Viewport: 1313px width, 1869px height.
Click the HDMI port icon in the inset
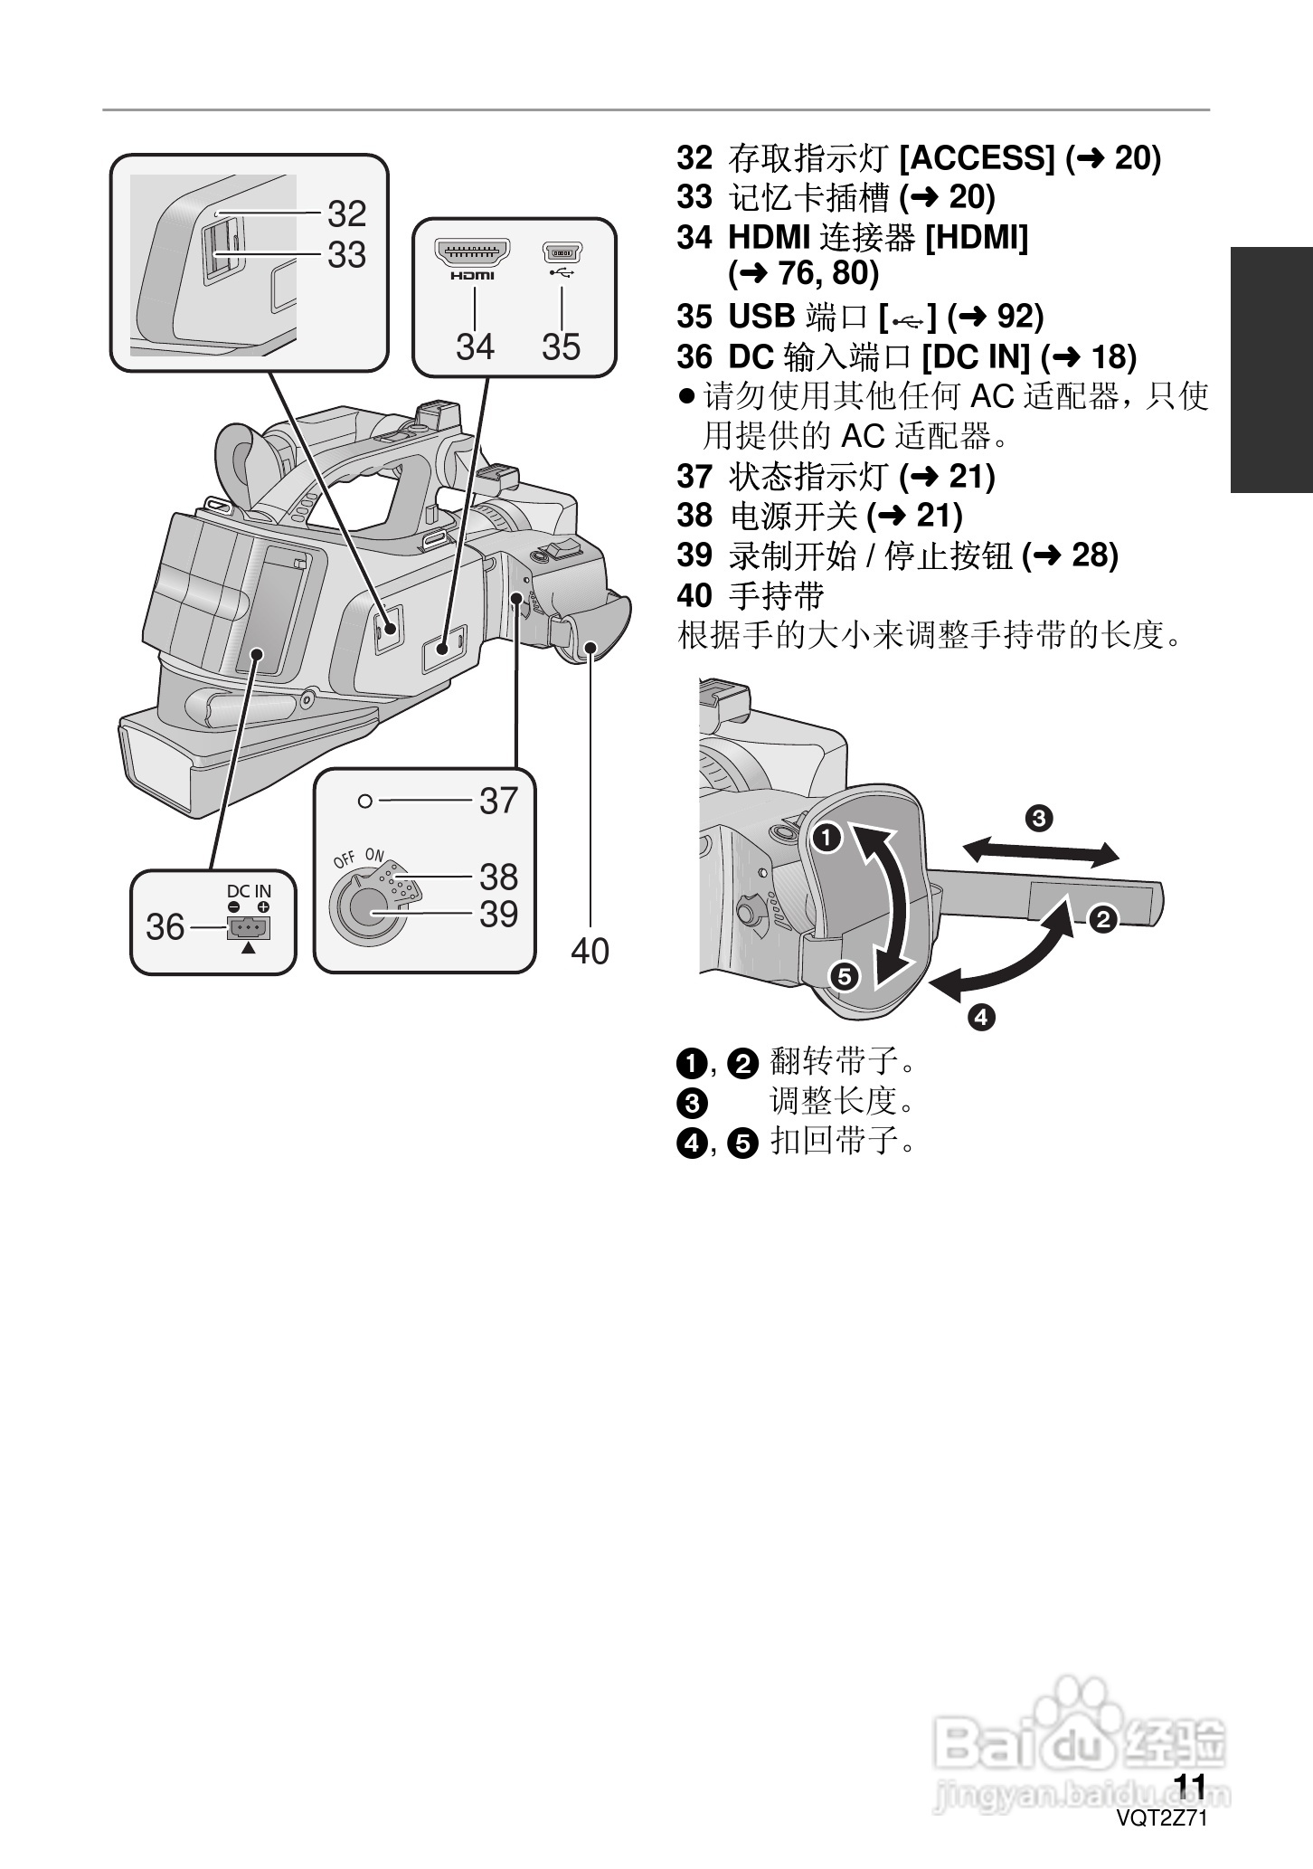tap(473, 251)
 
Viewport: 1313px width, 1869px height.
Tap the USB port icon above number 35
tap(562, 251)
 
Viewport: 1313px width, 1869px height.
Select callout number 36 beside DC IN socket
tap(165, 927)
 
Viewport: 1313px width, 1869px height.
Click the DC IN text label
tap(249, 891)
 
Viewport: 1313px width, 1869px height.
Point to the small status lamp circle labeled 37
tap(364, 801)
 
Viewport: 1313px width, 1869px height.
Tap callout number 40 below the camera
tap(590, 951)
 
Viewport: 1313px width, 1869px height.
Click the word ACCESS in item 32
tap(978, 158)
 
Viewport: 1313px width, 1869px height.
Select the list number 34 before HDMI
tap(694, 238)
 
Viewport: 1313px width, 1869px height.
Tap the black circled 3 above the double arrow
tap(1039, 819)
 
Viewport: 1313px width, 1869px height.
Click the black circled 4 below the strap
tap(981, 1018)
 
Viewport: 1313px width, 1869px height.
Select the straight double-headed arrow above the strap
tap(1040, 851)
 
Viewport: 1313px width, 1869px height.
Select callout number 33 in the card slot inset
tap(346, 255)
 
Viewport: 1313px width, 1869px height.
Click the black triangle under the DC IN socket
tap(249, 949)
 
